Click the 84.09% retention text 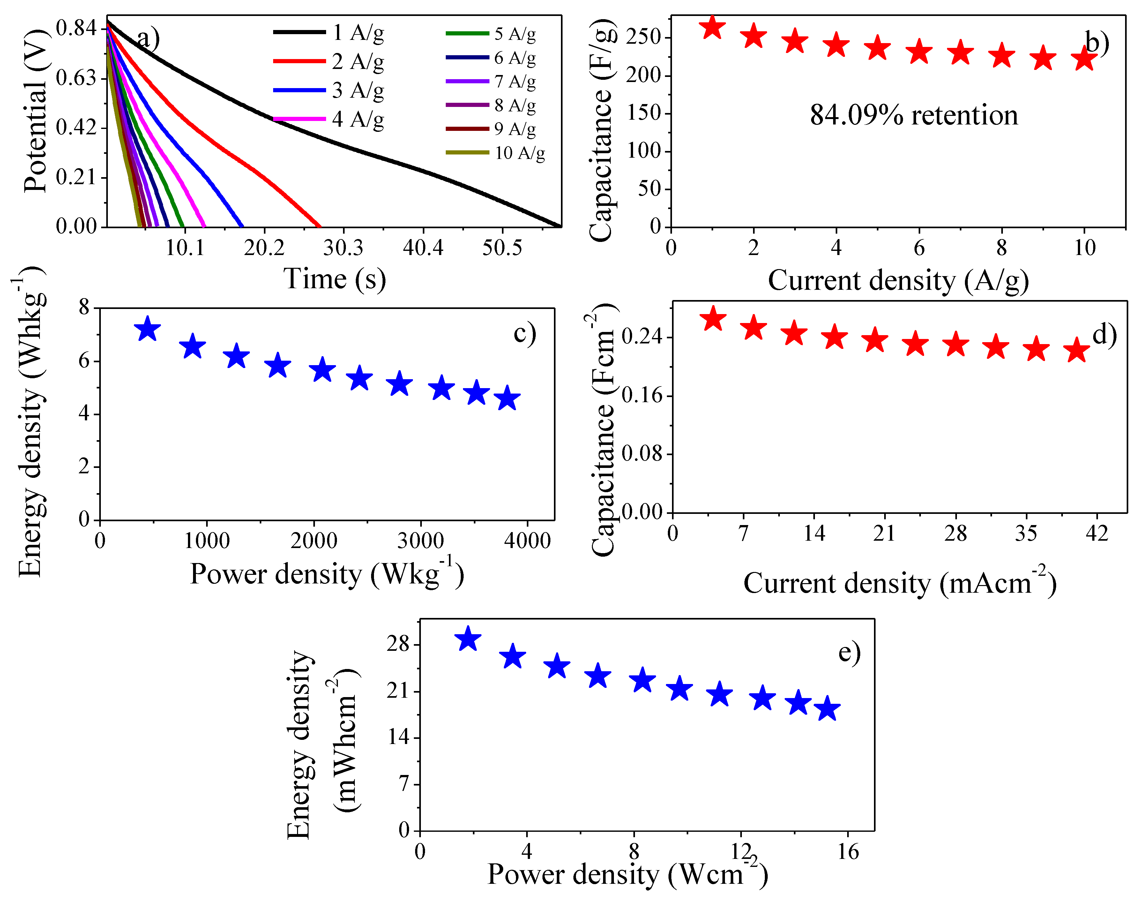(x=914, y=115)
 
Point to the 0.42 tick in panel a (x=77, y=127)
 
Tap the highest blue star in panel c (x=147, y=329)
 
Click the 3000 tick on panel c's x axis (x=421, y=540)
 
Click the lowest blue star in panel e (x=827, y=709)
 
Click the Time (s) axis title (x=335, y=279)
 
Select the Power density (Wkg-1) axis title (x=327, y=575)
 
